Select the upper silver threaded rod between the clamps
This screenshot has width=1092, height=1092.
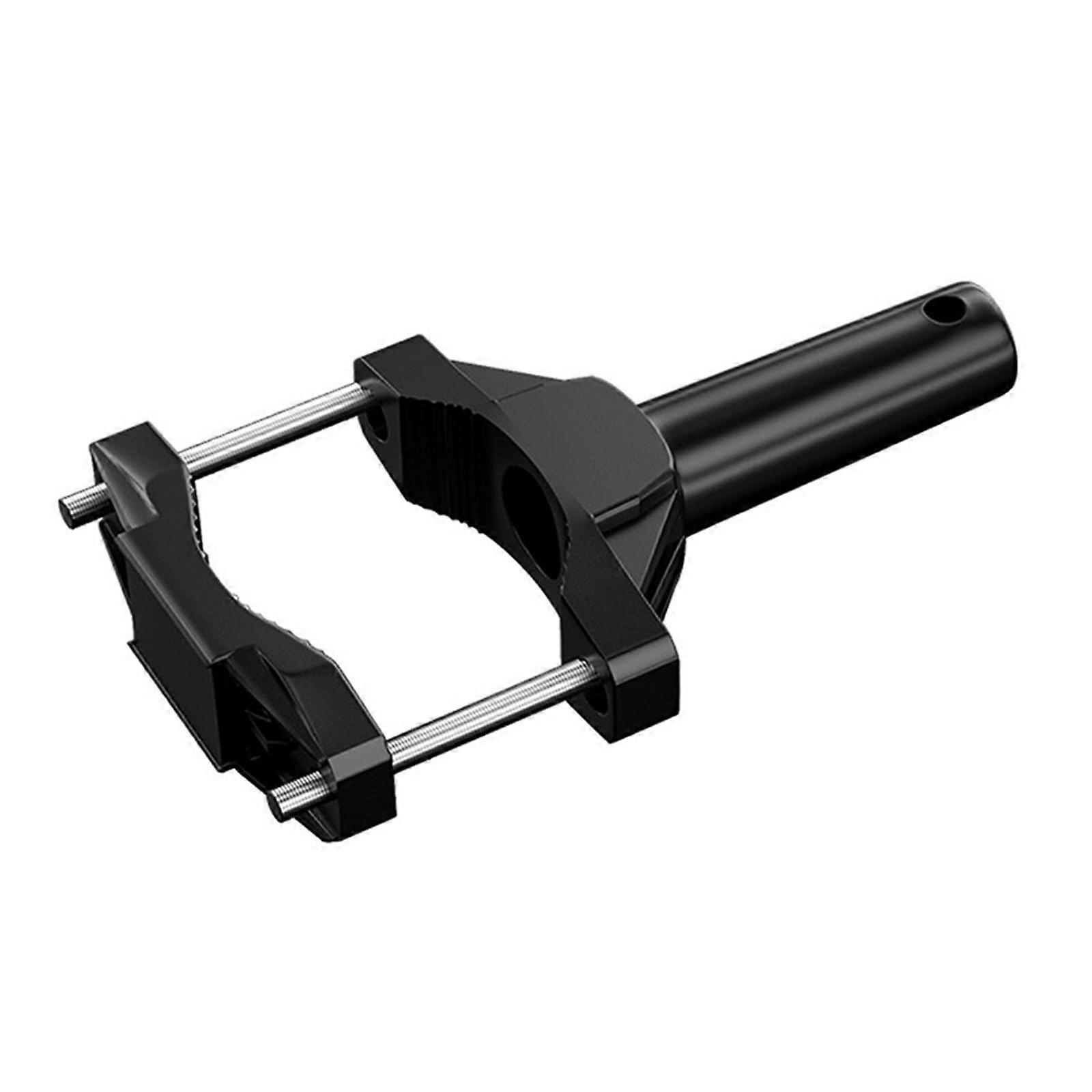click(273, 427)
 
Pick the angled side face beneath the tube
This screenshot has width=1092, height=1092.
click(655, 546)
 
